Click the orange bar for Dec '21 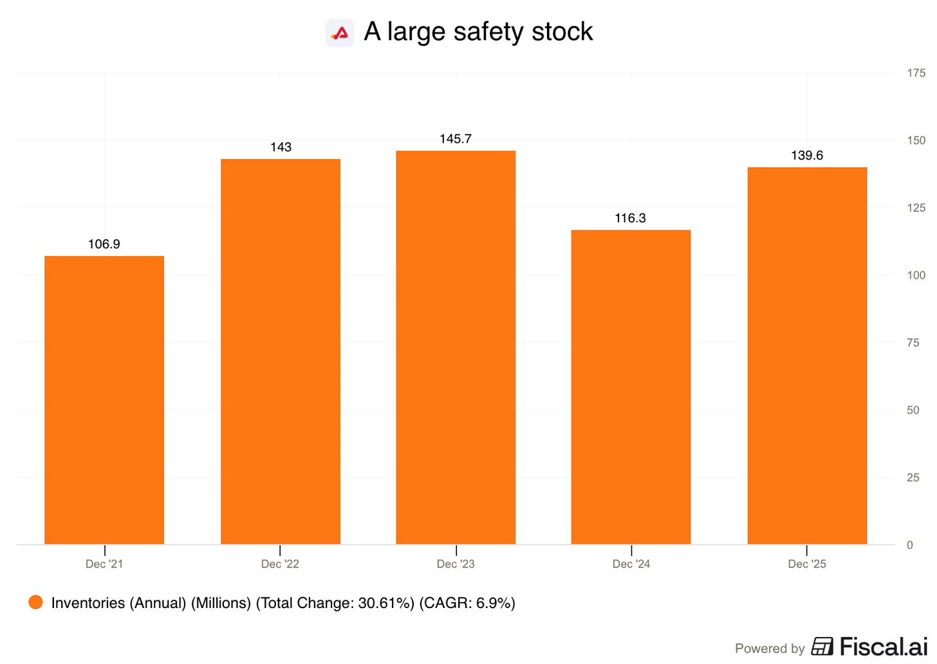(x=104, y=400)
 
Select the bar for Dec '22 (x=281, y=352)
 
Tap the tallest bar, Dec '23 (x=456, y=347)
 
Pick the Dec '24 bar (x=631, y=387)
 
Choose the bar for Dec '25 (x=807, y=356)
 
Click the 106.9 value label (x=104, y=244)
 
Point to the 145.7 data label (x=456, y=139)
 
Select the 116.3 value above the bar (x=631, y=218)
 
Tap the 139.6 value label (x=807, y=156)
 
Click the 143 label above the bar (x=281, y=147)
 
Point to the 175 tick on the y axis (x=916, y=73)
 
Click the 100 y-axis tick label (x=916, y=275)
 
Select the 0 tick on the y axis (x=910, y=545)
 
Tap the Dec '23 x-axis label (x=456, y=564)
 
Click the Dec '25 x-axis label (x=807, y=564)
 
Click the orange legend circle (x=35, y=602)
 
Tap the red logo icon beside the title (x=340, y=33)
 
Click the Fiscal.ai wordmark (x=884, y=647)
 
